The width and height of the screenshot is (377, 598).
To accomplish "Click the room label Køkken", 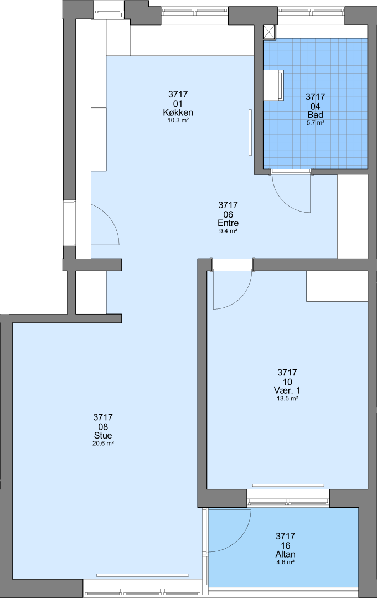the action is click(x=178, y=112).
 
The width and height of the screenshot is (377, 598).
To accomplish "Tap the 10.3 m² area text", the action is click(x=178, y=120).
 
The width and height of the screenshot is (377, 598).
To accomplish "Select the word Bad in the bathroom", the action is click(x=315, y=115).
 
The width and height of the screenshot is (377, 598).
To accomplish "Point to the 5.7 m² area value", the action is click(x=315, y=123).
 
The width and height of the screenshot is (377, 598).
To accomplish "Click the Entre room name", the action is click(x=228, y=223).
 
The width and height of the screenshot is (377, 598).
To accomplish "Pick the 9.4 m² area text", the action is click(x=228, y=231).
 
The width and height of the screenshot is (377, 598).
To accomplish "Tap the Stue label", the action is click(x=103, y=436).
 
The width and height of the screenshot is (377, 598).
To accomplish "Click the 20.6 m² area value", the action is click(x=103, y=443).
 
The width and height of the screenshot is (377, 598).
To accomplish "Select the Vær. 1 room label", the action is click(x=287, y=390).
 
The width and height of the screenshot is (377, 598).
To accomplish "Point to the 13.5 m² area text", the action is click(x=287, y=398).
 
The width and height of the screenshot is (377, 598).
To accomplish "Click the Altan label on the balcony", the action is click(x=285, y=554).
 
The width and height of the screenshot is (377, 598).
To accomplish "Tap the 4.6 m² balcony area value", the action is click(x=285, y=562).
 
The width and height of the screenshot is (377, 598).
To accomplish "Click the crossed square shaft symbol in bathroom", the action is click(x=269, y=32).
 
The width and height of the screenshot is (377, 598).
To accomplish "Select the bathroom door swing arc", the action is click(x=284, y=202).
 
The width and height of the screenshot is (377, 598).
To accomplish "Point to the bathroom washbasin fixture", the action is click(x=273, y=85).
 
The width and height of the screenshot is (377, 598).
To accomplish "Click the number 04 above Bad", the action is click(x=315, y=106).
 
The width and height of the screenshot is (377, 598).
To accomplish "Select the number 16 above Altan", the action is click(x=285, y=545).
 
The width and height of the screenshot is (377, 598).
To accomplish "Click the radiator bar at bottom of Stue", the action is click(x=143, y=575).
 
